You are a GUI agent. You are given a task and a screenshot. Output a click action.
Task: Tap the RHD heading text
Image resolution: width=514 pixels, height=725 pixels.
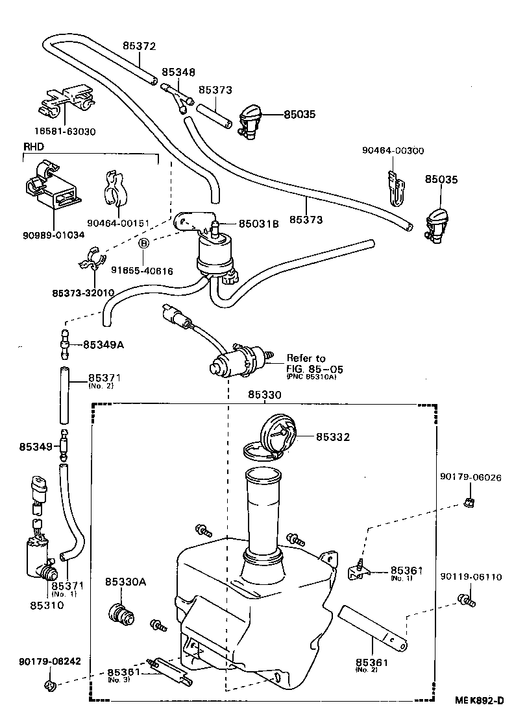(33, 147)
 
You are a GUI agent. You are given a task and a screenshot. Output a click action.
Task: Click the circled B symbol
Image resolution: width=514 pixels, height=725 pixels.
(144, 243)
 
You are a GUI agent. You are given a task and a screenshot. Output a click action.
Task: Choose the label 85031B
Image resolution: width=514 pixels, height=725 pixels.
(258, 224)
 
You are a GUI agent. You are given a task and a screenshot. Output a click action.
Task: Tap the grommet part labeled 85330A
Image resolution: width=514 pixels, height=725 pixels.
(120, 613)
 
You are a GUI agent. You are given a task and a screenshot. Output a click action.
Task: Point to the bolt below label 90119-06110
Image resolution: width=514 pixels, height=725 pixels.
(467, 600)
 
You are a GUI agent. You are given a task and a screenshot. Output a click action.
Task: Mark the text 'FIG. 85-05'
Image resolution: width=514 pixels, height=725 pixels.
(314, 369)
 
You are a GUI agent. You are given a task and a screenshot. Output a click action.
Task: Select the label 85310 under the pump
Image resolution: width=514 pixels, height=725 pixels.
(47, 606)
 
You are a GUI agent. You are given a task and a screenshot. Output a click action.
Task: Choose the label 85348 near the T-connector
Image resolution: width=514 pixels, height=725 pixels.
(178, 73)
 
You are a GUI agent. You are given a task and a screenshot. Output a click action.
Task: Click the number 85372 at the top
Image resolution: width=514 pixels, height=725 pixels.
(140, 46)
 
